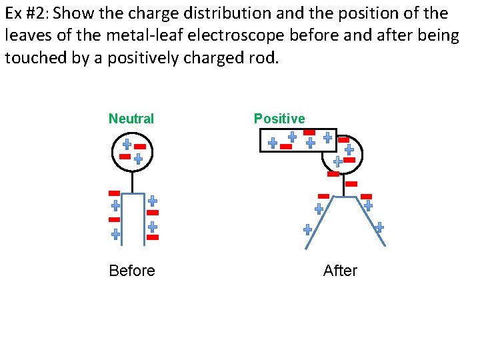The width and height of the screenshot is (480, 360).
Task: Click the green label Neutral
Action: click(x=131, y=119)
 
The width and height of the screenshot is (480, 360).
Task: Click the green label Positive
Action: click(x=279, y=119)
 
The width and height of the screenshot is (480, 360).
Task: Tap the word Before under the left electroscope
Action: click(x=132, y=271)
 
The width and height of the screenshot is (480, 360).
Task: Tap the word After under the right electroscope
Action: click(x=340, y=271)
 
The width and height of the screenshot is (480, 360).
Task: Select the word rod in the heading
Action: click(x=264, y=58)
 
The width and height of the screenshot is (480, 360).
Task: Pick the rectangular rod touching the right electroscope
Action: click(x=297, y=140)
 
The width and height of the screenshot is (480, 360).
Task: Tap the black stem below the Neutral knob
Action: click(x=133, y=182)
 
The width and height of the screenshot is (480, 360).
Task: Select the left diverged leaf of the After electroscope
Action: click(x=320, y=223)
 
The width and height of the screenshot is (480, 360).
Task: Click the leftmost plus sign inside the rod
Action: click(x=273, y=143)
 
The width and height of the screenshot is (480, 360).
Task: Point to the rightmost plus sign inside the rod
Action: click(x=327, y=137)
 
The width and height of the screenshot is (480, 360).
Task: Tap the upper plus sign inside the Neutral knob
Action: click(x=127, y=144)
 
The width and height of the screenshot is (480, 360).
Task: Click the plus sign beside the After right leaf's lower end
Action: click(x=379, y=227)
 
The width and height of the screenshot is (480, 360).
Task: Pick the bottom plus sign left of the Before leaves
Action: click(x=115, y=234)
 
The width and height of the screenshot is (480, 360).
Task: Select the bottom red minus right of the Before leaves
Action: click(x=153, y=237)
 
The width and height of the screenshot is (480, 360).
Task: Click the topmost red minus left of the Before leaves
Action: click(x=114, y=193)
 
